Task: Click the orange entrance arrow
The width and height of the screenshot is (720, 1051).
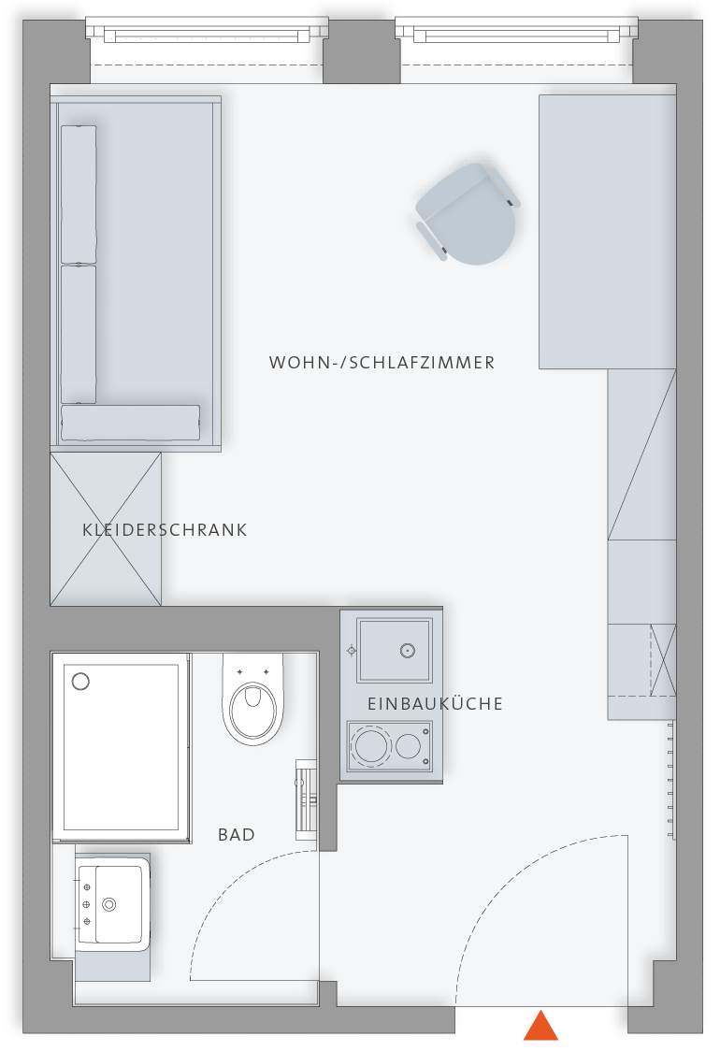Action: coord(540,1027)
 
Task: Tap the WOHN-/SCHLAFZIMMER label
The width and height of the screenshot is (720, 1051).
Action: coord(382,363)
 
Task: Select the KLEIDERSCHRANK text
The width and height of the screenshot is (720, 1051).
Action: coord(165,529)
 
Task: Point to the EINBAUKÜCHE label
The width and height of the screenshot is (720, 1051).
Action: coord(435,704)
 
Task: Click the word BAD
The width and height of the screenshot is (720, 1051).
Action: coord(237,834)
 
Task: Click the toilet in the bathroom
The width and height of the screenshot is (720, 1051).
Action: coord(252,699)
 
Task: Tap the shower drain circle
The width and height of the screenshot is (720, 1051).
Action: coord(80,682)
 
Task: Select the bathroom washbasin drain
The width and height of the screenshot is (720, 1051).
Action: coord(109,904)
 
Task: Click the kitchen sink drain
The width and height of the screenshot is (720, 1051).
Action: coord(407,650)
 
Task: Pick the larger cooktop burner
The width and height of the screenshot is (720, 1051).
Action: coord(370,744)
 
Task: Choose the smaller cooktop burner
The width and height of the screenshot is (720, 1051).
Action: coord(408,746)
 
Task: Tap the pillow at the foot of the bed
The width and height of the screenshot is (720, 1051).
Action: coord(130,423)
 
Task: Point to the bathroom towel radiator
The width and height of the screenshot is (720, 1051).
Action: coord(307,799)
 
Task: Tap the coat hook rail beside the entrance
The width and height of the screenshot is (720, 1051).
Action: coord(670,779)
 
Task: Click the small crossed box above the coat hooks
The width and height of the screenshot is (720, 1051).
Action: coord(663,660)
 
